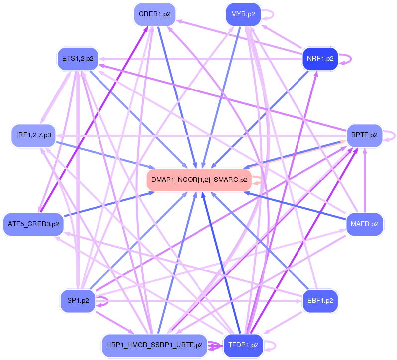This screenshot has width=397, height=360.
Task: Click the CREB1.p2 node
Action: [155, 14]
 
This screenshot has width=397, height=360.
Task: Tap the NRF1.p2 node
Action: [320, 59]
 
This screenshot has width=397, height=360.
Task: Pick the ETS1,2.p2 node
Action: [78, 59]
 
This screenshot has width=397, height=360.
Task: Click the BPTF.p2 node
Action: [364, 135]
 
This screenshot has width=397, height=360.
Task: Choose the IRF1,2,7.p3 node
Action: [33, 135]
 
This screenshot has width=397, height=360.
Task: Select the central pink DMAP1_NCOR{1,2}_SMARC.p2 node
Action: [199, 180]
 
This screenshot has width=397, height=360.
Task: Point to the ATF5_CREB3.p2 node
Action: [33, 224]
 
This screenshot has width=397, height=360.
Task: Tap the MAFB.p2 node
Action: [364, 224]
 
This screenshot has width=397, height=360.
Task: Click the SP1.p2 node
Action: [78, 300]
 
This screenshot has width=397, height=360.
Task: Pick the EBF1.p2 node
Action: [320, 300]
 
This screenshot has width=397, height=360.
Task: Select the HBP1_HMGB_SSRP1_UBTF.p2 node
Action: [155, 345]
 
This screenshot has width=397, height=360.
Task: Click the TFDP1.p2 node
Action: [243, 345]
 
